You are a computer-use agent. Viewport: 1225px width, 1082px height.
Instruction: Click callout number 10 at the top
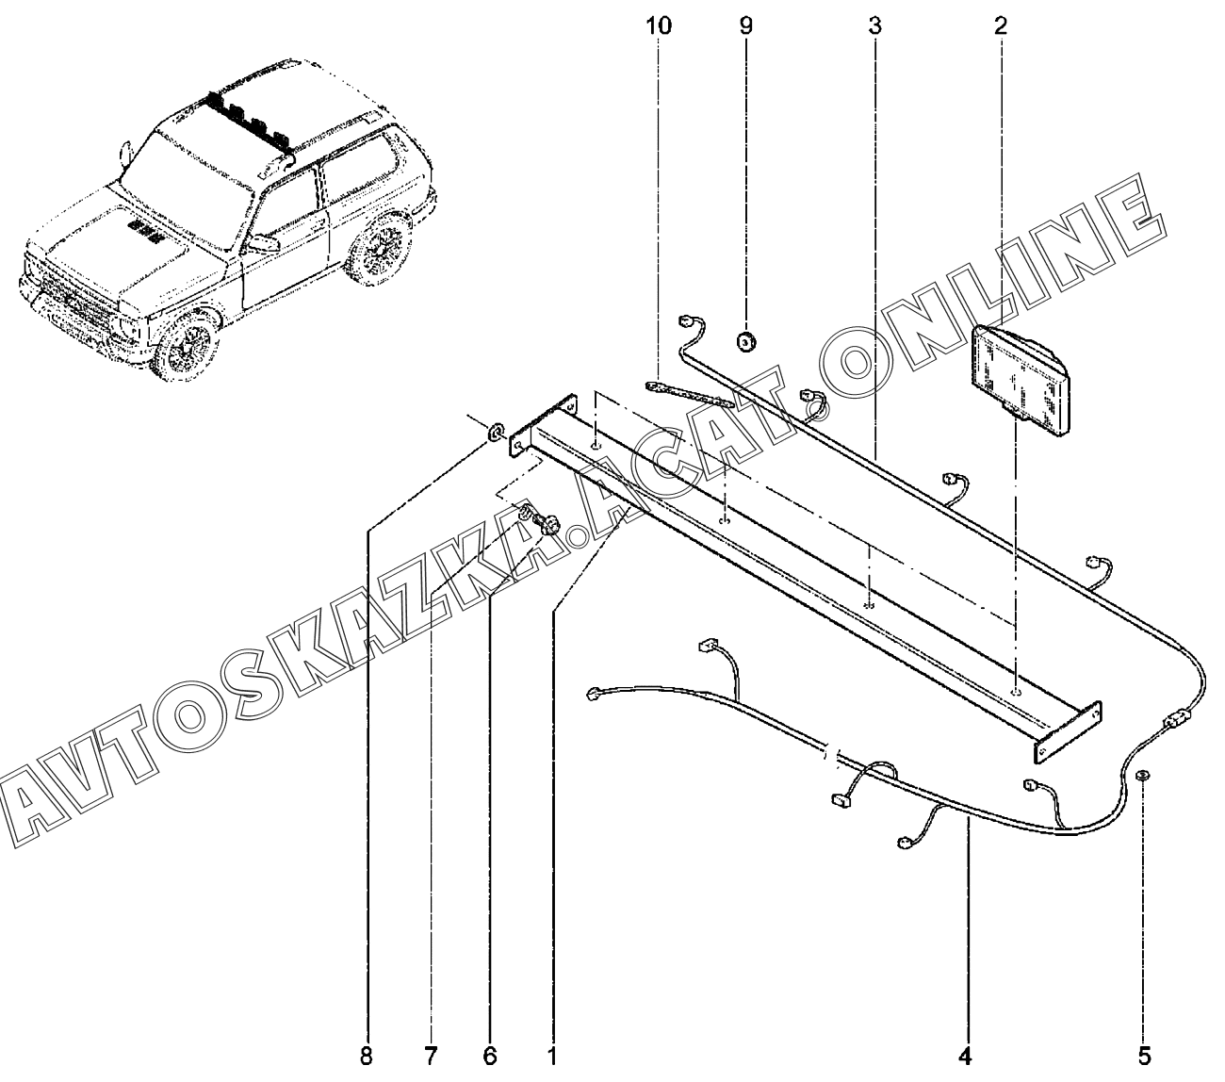pyautogui.click(x=659, y=25)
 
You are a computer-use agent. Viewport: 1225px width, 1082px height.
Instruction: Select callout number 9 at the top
pyautogui.click(x=745, y=25)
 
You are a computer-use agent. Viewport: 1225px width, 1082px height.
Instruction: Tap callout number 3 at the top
pyautogui.click(x=874, y=25)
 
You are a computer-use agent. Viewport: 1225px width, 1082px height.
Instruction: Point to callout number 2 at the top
pyautogui.click(x=1000, y=25)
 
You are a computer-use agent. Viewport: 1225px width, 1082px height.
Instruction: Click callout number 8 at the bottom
pyautogui.click(x=366, y=1055)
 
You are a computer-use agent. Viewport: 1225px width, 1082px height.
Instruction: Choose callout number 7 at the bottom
pyautogui.click(x=431, y=1055)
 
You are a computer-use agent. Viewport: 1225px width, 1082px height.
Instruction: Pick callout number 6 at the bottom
pyautogui.click(x=490, y=1055)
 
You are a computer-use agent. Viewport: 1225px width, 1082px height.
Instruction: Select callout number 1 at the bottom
pyautogui.click(x=552, y=1055)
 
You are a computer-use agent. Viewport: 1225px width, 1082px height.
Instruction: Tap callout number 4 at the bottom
pyautogui.click(x=968, y=1055)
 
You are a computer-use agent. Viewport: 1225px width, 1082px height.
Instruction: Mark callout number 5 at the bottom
pyautogui.click(x=1143, y=1055)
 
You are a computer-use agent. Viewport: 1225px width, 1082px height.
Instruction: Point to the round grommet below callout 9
pyautogui.click(x=745, y=341)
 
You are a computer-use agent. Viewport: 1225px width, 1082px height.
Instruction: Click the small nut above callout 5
pyautogui.click(x=1141, y=776)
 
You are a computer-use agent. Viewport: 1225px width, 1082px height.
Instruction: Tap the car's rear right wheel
pyautogui.click(x=381, y=250)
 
